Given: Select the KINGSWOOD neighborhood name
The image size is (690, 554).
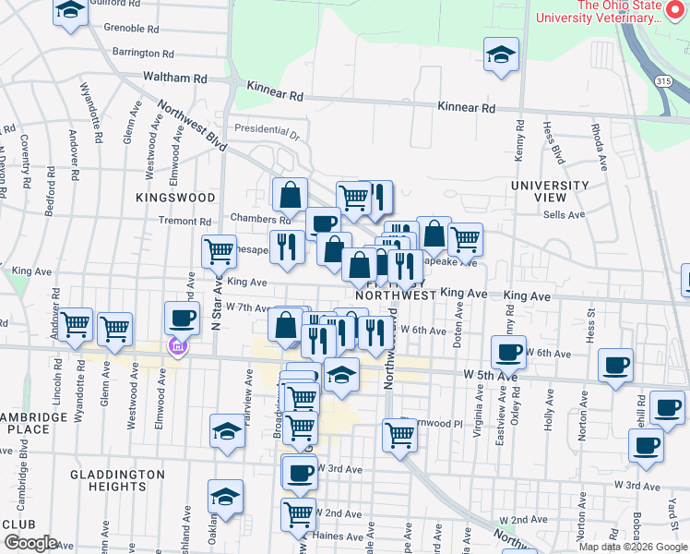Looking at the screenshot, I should coord(175,198).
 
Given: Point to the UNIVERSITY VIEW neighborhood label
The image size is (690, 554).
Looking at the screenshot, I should coord(550,191).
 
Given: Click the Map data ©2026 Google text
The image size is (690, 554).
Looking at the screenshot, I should coord(633,547).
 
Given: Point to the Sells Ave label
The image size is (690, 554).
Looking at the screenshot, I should coord(565,214).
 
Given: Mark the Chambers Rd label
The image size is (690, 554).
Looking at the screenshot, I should coord(260,220).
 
